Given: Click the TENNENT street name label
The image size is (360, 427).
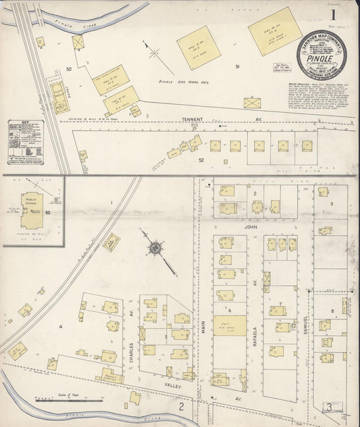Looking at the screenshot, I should point(192,119).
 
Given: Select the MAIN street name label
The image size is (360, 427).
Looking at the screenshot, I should point(201,331).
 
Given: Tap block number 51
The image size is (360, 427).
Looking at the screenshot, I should point(237,67).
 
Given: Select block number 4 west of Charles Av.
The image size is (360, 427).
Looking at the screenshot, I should point(60,326).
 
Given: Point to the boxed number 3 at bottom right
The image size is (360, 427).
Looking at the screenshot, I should point(328,407).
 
